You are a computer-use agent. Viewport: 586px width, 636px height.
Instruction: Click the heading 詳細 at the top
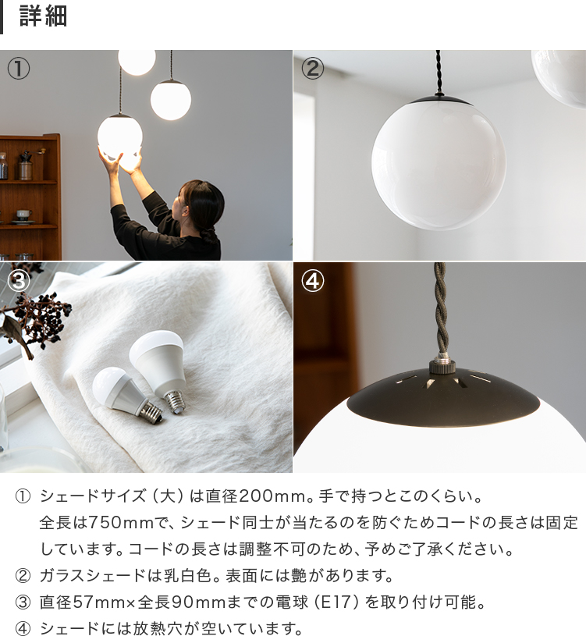[43, 17]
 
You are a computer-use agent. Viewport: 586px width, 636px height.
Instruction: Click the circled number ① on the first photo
[19, 69]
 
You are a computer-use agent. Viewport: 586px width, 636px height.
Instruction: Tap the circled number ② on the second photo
[312, 69]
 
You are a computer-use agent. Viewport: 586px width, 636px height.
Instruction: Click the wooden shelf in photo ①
[30, 195]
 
